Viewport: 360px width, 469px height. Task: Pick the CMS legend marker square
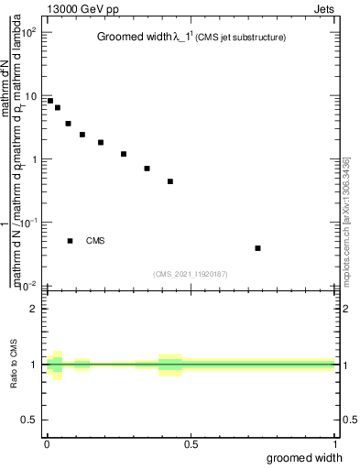tap(70, 241)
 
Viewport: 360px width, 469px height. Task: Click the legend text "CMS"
tap(95, 241)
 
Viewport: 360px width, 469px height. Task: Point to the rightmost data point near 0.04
tap(258, 248)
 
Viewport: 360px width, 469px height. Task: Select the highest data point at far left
tap(50, 101)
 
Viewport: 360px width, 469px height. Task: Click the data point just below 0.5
tap(170, 181)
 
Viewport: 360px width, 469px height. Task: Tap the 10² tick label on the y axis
tap(28, 33)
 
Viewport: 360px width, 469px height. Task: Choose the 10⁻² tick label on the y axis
tap(28, 286)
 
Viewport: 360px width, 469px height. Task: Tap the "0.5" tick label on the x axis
tap(191, 444)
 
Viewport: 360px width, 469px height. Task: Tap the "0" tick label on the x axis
tap(47, 444)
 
